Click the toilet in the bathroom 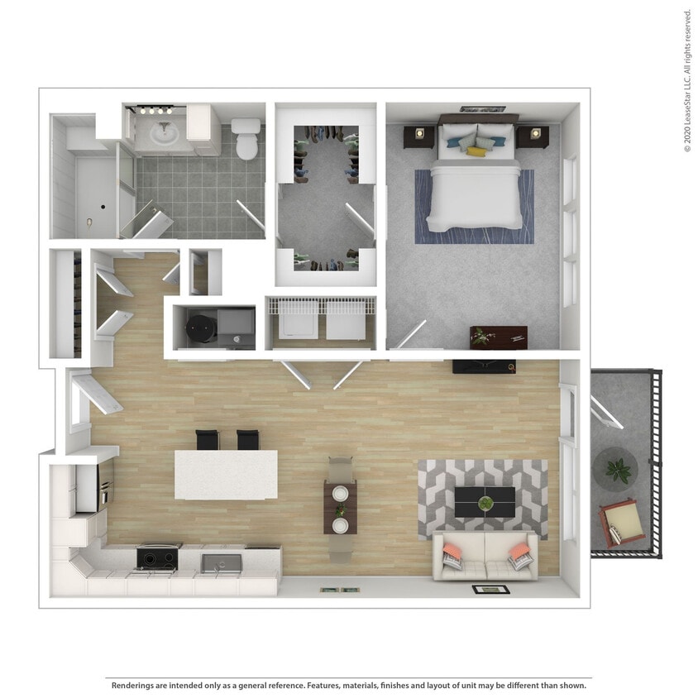pos(246,139)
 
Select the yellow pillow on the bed pos(476,151)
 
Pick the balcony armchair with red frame pos(621,523)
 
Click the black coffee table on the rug pos(485,501)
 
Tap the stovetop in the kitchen pos(157,558)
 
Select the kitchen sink pos(220,564)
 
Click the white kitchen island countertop pos(225,474)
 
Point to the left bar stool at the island pos(207,440)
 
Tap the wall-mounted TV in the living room pos(484,367)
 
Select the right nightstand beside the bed pos(532,135)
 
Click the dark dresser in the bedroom pos(498,337)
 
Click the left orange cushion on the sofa pos(452,552)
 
